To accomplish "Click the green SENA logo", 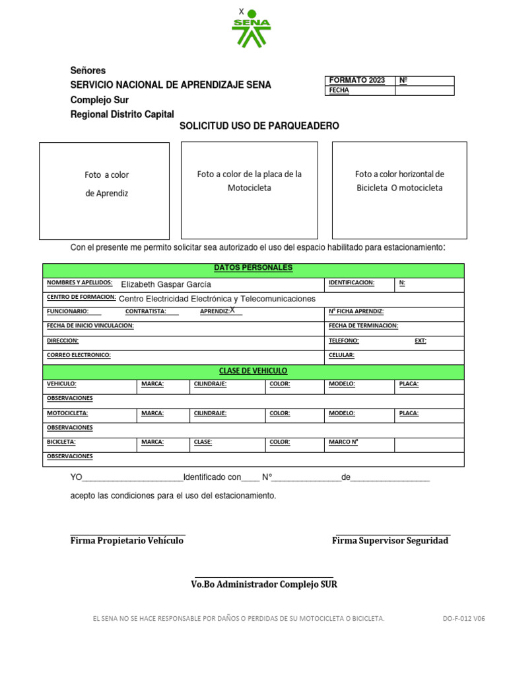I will point(251,30).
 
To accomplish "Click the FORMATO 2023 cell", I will point(356,81).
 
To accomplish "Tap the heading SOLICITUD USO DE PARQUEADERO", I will point(259,126).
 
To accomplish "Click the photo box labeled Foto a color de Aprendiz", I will point(104,190).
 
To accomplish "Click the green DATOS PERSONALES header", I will point(253,268).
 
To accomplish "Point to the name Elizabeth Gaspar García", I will point(166,284).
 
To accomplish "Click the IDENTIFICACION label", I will point(351,283).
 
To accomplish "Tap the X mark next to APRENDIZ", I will point(232,310).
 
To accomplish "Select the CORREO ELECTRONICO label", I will point(79,355).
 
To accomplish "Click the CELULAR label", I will point(341,355).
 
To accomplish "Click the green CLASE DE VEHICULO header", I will point(253,371).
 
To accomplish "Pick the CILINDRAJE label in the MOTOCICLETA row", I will point(210,413).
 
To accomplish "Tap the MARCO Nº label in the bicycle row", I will point(343,442).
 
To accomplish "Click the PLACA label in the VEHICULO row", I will point(409,384).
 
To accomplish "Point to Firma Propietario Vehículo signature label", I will point(127,541).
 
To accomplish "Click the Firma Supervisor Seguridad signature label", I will point(389,541).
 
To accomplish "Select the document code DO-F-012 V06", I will point(463,619).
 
